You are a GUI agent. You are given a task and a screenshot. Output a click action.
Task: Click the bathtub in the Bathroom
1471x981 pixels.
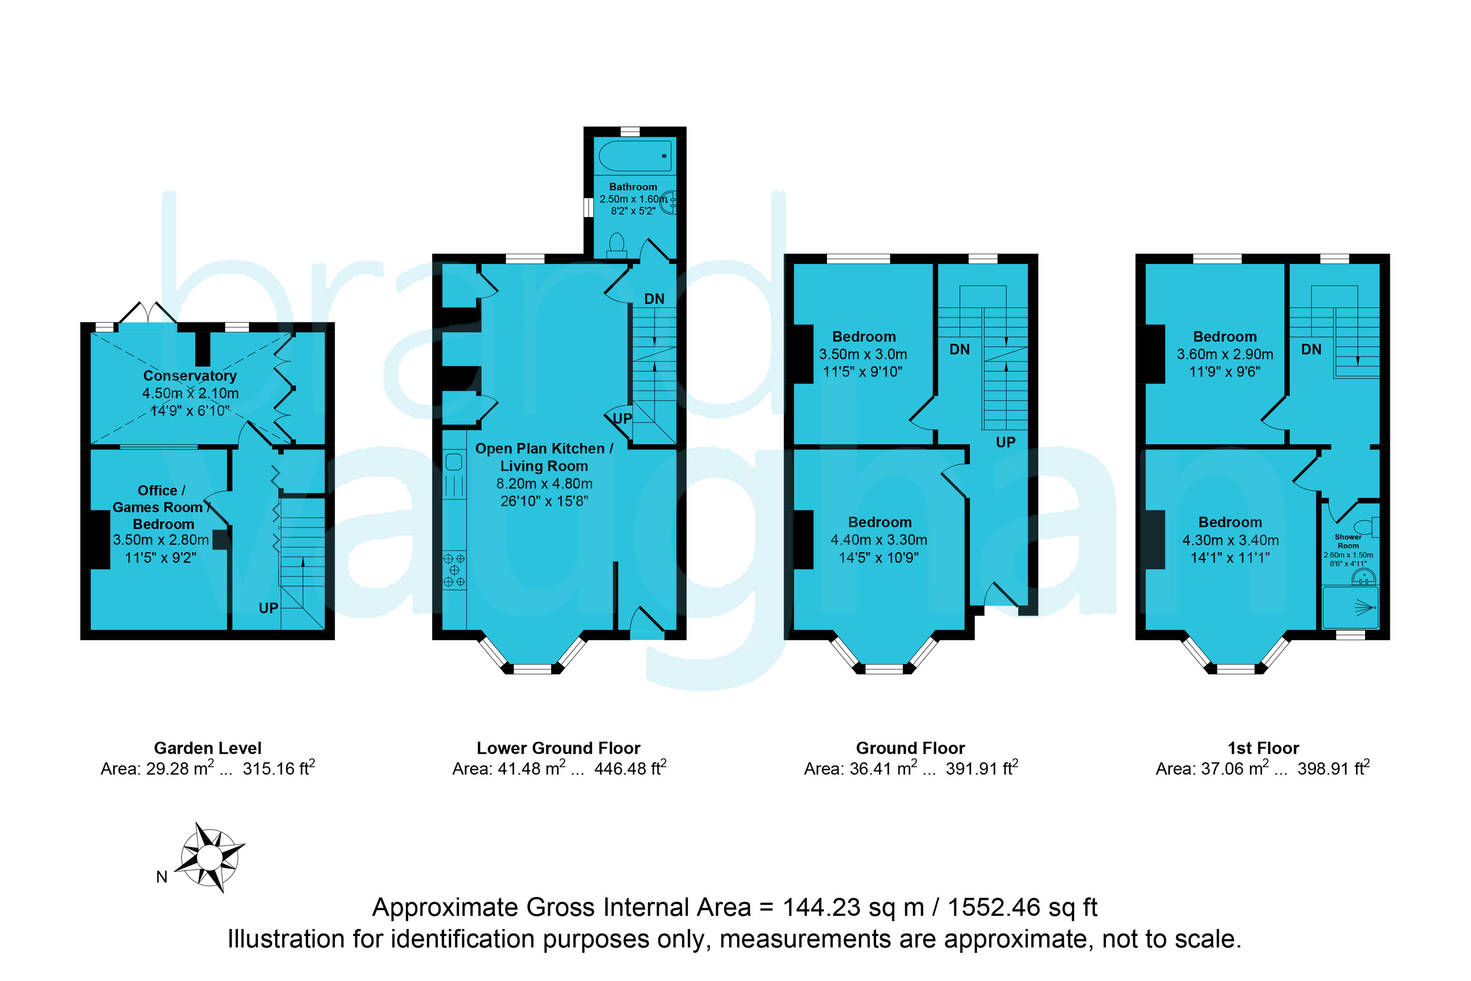[635, 156]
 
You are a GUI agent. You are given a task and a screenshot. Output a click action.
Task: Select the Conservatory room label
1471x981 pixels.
[190, 375]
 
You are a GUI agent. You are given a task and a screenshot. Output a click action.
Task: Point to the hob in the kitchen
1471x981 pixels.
[454, 570]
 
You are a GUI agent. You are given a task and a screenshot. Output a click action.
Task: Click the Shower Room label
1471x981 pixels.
[1348, 541]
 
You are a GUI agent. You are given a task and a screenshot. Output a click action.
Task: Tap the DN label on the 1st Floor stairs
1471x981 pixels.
[1312, 349]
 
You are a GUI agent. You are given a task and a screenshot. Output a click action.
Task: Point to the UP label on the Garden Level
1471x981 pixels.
[268, 608]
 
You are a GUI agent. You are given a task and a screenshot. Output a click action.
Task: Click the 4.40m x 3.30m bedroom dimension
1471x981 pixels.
[879, 539]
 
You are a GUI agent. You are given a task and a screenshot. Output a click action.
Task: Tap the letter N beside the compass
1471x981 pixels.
[161, 877]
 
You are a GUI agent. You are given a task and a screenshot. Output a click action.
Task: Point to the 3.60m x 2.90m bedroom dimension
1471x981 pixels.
[1225, 354]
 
